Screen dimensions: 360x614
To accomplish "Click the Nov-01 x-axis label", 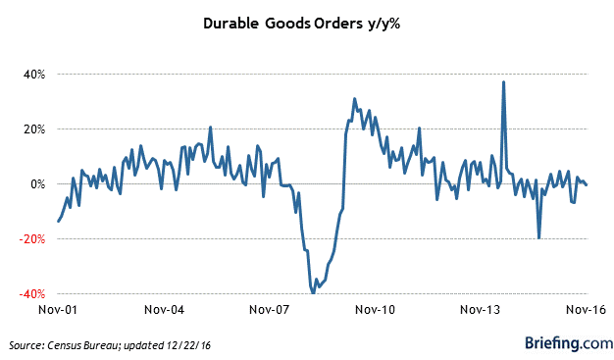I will coord(59,309).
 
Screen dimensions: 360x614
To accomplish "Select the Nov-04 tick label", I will coord(164,309).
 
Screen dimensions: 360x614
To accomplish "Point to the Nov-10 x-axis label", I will coord(375,309).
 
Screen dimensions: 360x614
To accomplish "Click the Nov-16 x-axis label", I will coord(585,309).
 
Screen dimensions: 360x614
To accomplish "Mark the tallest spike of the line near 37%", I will coord(503,82).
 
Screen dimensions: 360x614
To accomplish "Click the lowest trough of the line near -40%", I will coord(313,292).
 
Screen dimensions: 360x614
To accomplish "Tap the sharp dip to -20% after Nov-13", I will coord(538,237).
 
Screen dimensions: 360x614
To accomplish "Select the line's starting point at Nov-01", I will coord(58,221).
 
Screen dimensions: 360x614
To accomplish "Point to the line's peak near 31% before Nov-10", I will coord(354,99).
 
